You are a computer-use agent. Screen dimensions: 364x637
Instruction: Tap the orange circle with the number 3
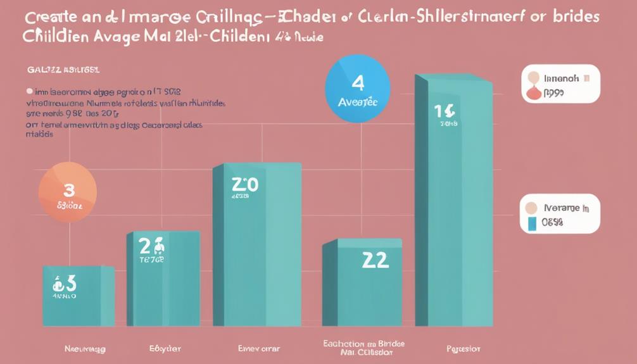click(x=68, y=192)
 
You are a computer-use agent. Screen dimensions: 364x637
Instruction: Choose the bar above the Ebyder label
click(x=163, y=279)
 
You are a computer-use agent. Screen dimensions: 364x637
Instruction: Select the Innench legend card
click(x=560, y=84)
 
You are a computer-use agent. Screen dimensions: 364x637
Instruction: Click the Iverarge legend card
click(x=560, y=213)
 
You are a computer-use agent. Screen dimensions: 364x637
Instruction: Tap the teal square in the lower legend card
click(x=532, y=223)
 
